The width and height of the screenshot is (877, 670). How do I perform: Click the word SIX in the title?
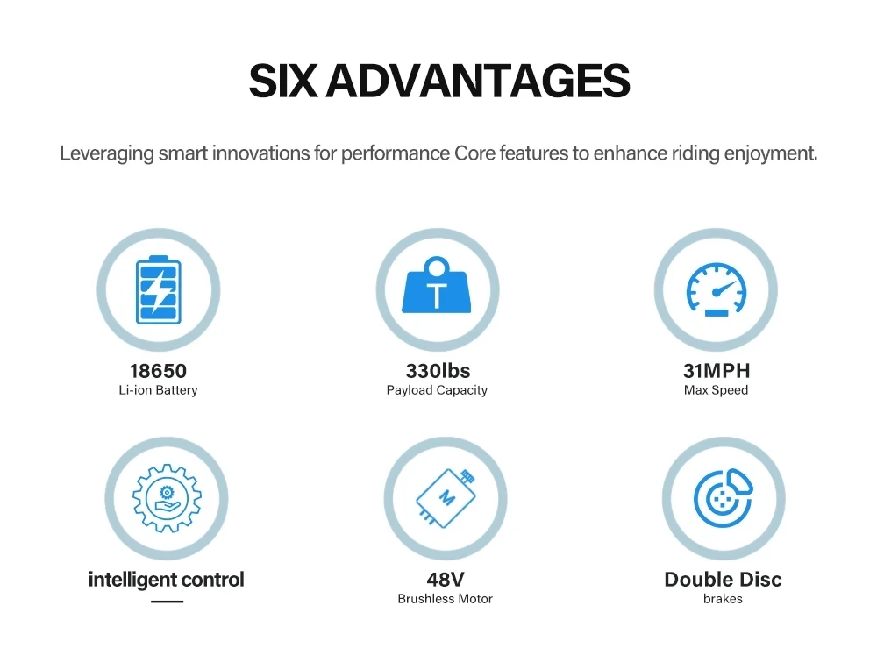coord(283,81)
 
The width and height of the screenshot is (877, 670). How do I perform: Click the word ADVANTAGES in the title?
coord(478,81)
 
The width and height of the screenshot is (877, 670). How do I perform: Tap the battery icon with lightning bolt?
coord(159,289)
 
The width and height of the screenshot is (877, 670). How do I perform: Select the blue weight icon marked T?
coord(437,284)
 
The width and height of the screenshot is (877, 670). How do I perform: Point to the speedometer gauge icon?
coord(717,289)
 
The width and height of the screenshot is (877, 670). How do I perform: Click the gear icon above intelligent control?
coord(167,498)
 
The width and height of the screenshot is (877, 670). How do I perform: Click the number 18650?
coord(158,371)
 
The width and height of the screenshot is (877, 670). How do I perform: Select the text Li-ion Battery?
coord(158,390)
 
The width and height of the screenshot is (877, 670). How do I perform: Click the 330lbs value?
coord(438,371)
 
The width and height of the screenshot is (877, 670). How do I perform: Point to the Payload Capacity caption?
coord(437,390)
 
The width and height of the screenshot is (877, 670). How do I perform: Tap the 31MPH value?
coord(717,371)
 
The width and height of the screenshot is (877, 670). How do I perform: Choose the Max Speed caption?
coord(716,390)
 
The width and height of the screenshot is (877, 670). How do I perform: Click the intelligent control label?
coord(167,580)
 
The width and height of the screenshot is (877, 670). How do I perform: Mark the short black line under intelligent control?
coord(168,602)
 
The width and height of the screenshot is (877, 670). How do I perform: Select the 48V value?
coord(446,580)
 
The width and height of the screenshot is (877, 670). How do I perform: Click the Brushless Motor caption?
coord(446,599)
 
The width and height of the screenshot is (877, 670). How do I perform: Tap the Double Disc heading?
coord(724,580)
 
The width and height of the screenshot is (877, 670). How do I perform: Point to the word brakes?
coord(724,599)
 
